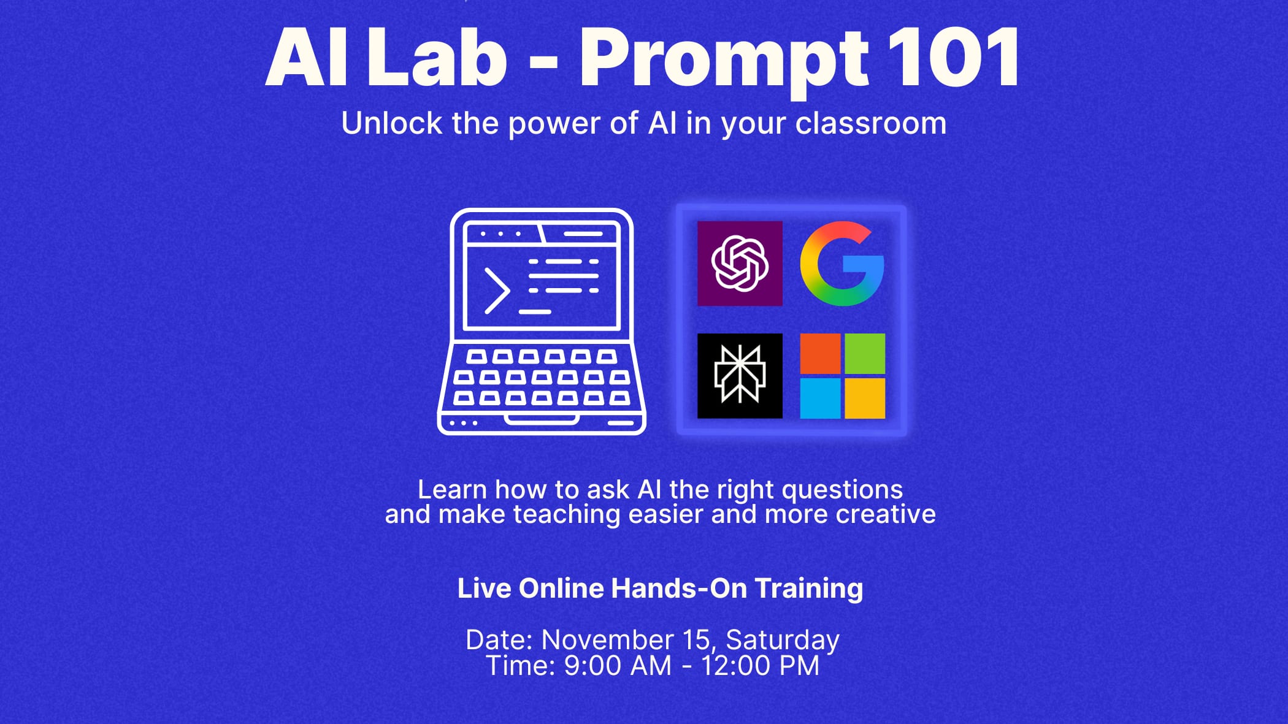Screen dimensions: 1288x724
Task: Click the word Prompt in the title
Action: pyautogui.click(x=724, y=60)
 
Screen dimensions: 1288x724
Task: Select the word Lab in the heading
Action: pyautogui.click(x=437, y=56)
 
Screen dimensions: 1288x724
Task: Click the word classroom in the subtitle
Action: pyautogui.click(x=871, y=123)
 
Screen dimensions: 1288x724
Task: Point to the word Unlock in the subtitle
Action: pyautogui.click(x=392, y=123)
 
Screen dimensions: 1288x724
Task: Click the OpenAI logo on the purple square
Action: pyautogui.click(x=740, y=263)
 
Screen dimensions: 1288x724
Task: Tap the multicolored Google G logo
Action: pyautogui.click(x=842, y=264)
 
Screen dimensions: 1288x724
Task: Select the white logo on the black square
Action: pyautogui.click(x=740, y=375)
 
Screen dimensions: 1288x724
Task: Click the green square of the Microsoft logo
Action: pyautogui.click(x=865, y=354)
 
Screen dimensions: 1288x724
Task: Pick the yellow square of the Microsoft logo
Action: pyautogui.click(x=865, y=398)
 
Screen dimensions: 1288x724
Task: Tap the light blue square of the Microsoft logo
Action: pyautogui.click(x=820, y=398)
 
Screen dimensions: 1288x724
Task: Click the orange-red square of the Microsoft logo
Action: pyautogui.click(x=820, y=354)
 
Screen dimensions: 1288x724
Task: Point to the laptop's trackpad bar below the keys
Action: pyautogui.click(x=541, y=419)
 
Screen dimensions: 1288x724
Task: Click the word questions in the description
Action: pyautogui.click(x=842, y=490)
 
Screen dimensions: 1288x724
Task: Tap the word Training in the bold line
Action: pyautogui.click(x=808, y=589)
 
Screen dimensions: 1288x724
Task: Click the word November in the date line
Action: pyautogui.click(x=607, y=640)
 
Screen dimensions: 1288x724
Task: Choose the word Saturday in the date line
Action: pyautogui.click(x=783, y=641)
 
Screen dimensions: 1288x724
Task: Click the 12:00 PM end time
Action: pyautogui.click(x=761, y=666)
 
